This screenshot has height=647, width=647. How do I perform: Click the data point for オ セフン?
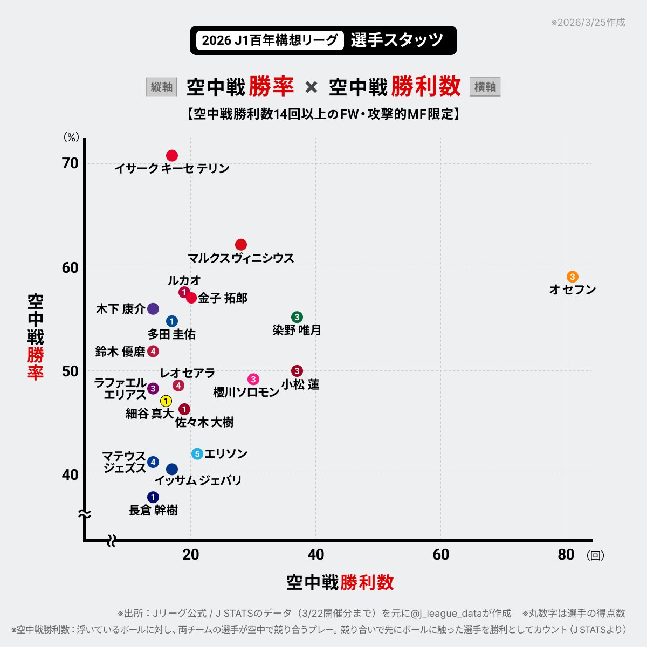pos(572,277)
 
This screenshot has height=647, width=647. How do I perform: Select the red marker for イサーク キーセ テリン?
pos(172,156)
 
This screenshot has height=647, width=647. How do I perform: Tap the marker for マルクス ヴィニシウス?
pos(241,245)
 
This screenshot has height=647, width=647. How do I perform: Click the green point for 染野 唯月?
pos(297,317)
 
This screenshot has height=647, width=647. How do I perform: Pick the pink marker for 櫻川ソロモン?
pos(253,380)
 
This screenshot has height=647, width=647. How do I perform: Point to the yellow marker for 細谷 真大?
pos(166,401)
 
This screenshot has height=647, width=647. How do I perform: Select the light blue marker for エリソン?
pos(197,454)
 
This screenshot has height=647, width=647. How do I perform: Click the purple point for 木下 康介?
pos(153,309)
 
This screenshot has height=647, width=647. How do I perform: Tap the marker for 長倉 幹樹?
pos(153,497)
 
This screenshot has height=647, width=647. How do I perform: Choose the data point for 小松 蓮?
pos(297,371)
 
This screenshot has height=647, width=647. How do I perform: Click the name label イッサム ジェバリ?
pos(198,480)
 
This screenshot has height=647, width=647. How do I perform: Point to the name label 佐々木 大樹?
pos(204,422)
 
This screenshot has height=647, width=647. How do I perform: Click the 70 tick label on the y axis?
pos(70,163)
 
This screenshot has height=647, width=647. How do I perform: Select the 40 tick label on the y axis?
pos(70,474)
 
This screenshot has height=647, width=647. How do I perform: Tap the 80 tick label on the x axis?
pos(566,555)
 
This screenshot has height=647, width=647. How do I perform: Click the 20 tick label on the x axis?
pos(191,555)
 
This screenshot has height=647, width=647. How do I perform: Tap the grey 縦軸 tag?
pos(162,87)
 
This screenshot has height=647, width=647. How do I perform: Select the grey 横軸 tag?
pos(485,87)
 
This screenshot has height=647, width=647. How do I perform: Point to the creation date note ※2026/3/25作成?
pos(588,23)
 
